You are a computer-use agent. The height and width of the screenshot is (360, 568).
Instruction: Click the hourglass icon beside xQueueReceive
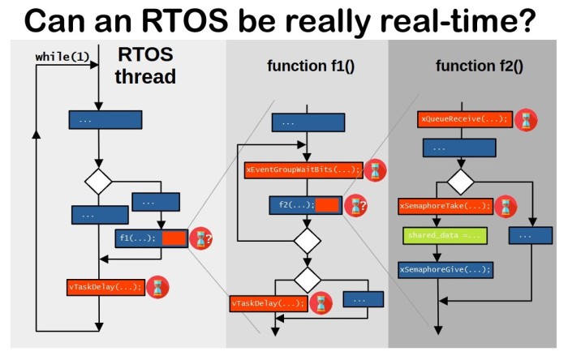(x=527, y=120)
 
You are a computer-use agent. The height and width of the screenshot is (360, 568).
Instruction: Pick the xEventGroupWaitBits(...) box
(x=303, y=170)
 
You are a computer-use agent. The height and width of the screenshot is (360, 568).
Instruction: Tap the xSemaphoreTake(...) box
(x=445, y=206)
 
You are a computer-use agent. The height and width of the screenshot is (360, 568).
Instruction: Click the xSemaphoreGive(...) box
(x=445, y=268)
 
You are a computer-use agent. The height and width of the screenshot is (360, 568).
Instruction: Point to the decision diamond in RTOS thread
(x=98, y=182)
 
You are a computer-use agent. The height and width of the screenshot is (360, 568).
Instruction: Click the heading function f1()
(x=311, y=66)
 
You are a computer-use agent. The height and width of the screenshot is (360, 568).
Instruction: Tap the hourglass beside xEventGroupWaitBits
(x=374, y=170)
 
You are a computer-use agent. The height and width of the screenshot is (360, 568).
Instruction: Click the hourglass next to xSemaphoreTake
(x=505, y=206)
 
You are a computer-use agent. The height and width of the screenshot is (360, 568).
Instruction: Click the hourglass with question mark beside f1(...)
(x=200, y=238)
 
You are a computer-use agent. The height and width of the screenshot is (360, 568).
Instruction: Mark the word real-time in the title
(x=458, y=19)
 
